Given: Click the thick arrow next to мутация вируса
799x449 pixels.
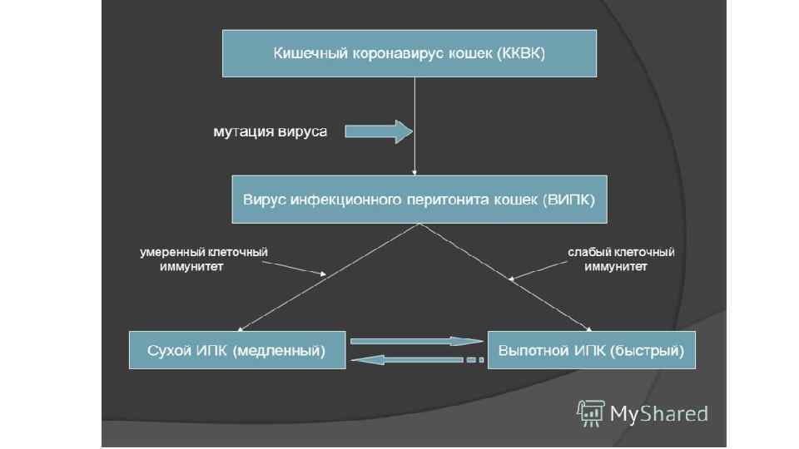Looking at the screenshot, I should [379, 131].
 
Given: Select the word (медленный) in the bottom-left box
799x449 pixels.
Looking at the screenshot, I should [280, 351].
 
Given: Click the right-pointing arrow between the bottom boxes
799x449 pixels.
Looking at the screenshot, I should [416, 341].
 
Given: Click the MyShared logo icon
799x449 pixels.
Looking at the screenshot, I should [589, 412].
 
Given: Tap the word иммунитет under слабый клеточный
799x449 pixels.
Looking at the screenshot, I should [617, 268].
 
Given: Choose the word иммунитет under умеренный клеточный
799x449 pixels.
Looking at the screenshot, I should [191, 268].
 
